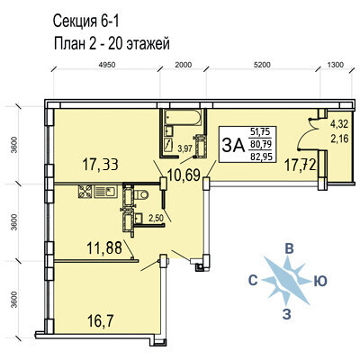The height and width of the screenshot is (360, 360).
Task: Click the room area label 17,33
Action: (x=101, y=165)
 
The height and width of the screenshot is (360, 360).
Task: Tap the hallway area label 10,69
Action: (x=184, y=175)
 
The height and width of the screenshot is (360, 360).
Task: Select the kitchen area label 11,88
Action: (x=104, y=248)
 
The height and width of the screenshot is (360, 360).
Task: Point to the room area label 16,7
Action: (x=100, y=322)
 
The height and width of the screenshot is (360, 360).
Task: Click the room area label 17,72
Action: (x=301, y=166)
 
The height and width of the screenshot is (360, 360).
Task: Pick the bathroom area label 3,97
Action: (x=184, y=148)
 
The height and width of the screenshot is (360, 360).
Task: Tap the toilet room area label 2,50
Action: (x=157, y=218)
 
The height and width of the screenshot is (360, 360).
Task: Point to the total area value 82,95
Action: (x=261, y=157)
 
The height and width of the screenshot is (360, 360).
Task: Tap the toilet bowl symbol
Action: (x=141, y=194)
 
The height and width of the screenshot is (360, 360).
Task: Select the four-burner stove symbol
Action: (x=85, y=192)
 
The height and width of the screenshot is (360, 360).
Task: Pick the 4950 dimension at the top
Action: (x=107, y=65)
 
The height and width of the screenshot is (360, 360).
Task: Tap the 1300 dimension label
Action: (x=335, y=65)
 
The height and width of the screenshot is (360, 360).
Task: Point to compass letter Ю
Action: (x=320, y=282)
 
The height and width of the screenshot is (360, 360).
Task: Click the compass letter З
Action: (x=287, y=314)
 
